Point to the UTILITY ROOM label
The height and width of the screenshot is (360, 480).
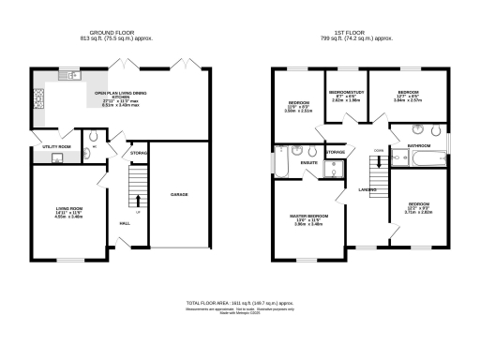tap(56, 147)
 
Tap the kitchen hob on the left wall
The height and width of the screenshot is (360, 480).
tap(37, 97)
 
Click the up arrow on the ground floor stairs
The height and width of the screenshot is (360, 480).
tap(138, 199)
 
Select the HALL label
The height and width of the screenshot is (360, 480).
tap(125, 222)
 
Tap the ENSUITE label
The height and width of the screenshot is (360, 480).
tap(308, 163)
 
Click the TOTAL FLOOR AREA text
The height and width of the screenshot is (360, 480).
tap(239, 305)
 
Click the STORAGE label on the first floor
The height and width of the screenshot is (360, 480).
tap(335, 151)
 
